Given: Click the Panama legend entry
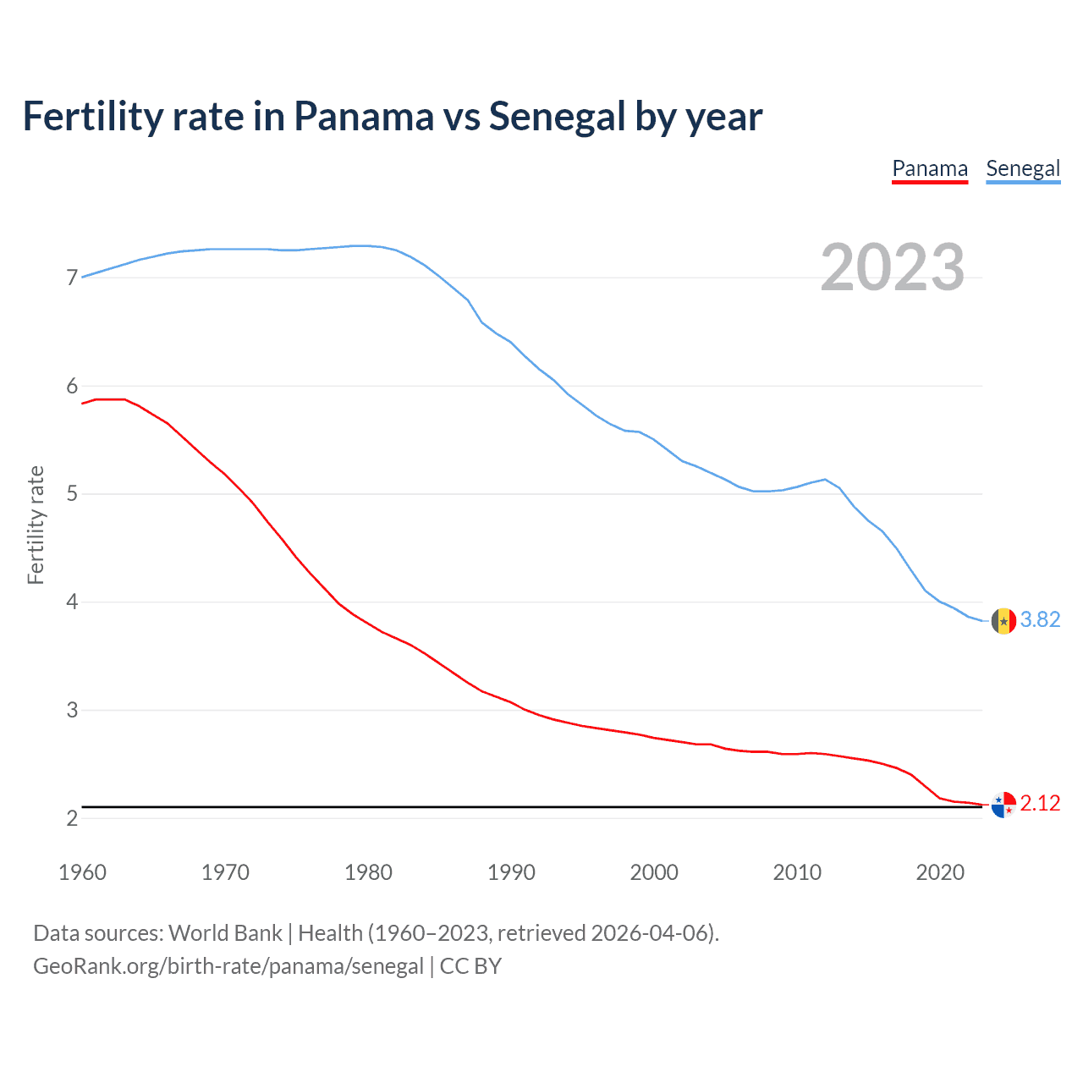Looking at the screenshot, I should (930, 168).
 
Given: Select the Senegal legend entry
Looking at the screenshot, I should (1023, 168).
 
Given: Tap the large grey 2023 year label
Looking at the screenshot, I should (893, 267).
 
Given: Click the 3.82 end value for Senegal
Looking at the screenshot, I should (1040, 620).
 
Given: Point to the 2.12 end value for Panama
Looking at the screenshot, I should (1040, 804).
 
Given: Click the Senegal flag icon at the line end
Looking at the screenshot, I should (1003, 621).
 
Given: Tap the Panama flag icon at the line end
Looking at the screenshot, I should (1003, 805).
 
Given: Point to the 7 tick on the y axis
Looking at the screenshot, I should (72, 278).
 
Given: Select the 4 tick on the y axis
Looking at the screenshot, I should (72, 602).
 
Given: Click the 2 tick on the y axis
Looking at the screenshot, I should (72, 818).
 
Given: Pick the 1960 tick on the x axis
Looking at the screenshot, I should (82, 872).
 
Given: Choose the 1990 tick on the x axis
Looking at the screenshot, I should (511, 872).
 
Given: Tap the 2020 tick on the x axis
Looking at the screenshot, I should (940, 872).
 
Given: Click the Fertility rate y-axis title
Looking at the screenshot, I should (36, 525).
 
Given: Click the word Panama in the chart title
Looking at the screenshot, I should (363, 117).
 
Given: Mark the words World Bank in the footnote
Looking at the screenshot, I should (225, 933).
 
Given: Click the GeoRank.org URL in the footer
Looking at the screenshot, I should (228, 966).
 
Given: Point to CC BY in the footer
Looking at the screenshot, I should (470, 966).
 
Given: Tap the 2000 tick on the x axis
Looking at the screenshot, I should (654, 872).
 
